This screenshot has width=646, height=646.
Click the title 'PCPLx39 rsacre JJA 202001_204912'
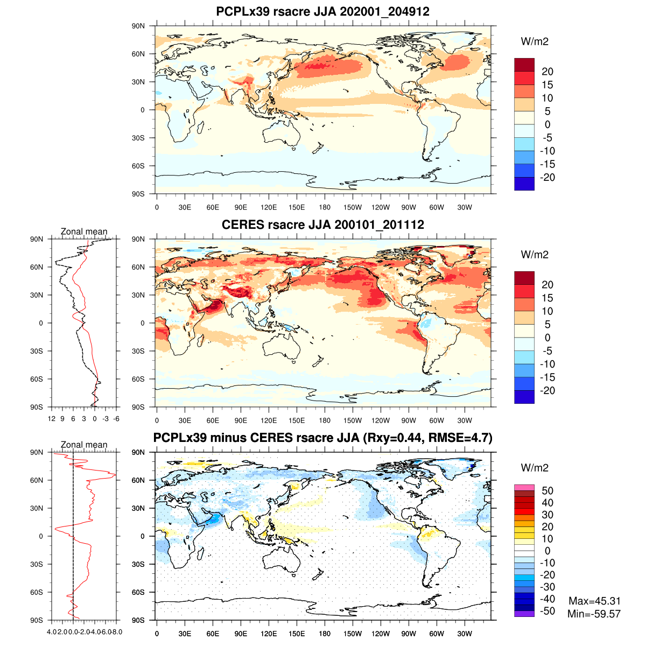(x=322, y=11)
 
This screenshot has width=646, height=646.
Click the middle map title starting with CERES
(x=322, y=224)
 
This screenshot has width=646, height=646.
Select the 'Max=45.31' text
(x=594, y=601)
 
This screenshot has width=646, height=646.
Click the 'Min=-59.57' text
(x=594, y=614)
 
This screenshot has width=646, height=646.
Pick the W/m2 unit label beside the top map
(x=535, y=41)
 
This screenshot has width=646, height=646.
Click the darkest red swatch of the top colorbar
(x=524, y=65)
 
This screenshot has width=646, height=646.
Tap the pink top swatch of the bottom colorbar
(x=524, y=487)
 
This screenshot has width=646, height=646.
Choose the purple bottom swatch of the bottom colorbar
(x=524, y=614)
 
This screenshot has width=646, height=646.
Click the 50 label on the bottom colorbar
(x=547, y=490)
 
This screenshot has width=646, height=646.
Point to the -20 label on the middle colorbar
(x=547, y=391)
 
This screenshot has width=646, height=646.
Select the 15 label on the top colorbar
(x=547, y=85)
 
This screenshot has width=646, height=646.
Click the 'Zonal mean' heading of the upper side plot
(x=84, y=231)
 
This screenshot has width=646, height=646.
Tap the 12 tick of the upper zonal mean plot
(x=52, y=419)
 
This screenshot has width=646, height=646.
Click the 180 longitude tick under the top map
(x=325, y=207)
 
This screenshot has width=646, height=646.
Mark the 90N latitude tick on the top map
(x=139, y=26)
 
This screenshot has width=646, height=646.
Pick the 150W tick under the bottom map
(x=353, y=634)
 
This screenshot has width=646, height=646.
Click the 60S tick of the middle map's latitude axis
(x=139, y=379)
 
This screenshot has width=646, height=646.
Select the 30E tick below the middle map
(x=185, y=420)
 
